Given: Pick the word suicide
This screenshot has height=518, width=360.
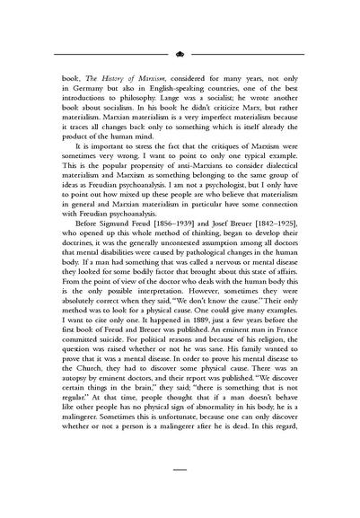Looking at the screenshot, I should click(102, 367).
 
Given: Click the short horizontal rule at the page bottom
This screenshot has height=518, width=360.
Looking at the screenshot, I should click(180, 492).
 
